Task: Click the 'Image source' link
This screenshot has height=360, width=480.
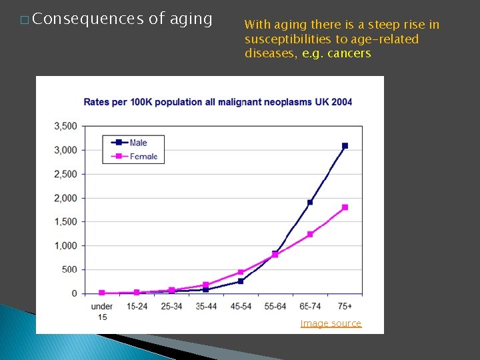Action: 331,323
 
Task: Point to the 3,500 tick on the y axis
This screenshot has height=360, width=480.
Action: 65,126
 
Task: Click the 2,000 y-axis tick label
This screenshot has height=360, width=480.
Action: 65,198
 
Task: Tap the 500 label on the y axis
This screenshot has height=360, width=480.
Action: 70,269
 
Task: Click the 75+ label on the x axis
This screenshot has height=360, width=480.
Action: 345,307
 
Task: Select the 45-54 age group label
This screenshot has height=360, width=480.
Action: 241,307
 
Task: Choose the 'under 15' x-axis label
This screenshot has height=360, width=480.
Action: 101,311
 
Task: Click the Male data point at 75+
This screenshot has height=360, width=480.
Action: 345,145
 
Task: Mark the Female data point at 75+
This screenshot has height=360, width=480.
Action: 345,207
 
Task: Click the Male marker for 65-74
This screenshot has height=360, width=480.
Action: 310,202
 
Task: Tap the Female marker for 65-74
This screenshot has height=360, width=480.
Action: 310,234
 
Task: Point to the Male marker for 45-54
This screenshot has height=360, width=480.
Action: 241,281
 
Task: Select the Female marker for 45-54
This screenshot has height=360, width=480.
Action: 241,272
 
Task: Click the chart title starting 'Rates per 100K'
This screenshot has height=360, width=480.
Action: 217,102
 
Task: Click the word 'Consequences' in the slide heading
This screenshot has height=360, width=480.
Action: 87,19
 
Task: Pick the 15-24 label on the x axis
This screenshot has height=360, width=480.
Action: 137,307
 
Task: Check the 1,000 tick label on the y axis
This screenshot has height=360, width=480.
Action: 65,246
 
